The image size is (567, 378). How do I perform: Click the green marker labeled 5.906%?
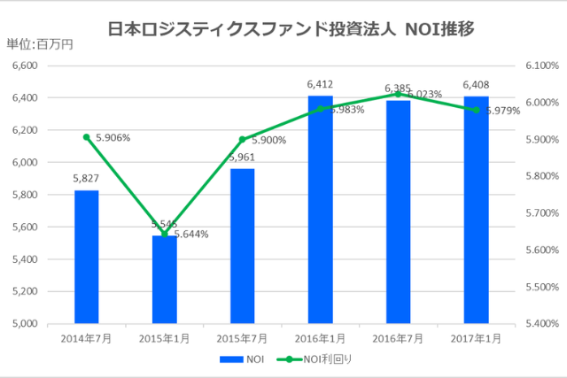tap(86, 137)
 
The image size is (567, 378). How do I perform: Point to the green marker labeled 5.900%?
tap(242, 139)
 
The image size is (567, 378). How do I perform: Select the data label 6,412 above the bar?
tap(320, 85)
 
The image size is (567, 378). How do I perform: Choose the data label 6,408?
tap(476, 85)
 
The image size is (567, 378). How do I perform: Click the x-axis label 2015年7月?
tap(242, 338)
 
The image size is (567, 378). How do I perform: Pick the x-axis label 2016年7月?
tap(398, 338)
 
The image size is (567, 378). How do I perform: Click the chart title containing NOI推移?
tap(291, 28)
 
